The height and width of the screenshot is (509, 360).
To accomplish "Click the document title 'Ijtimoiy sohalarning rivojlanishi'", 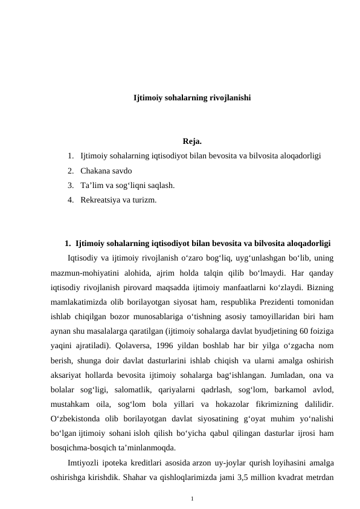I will click(x=192, y=97).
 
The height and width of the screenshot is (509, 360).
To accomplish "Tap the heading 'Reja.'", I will click(x=191, y=142).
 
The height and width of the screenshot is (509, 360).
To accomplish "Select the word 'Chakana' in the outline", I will click(x=95, y=170).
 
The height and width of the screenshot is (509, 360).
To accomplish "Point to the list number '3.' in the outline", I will click(x=71, y=185).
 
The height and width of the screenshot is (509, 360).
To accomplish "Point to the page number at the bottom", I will click(x=192, y=498).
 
